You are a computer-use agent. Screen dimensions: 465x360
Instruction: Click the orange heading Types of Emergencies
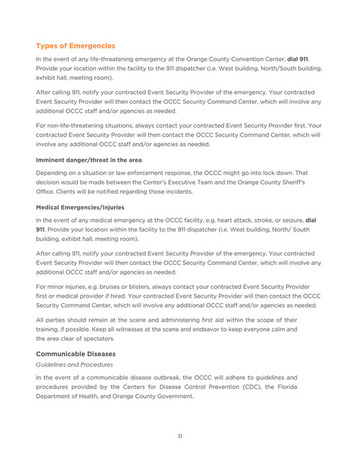click(x=75, y=46)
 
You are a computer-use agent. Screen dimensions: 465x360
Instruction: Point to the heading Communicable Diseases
click(x=75, y=354)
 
